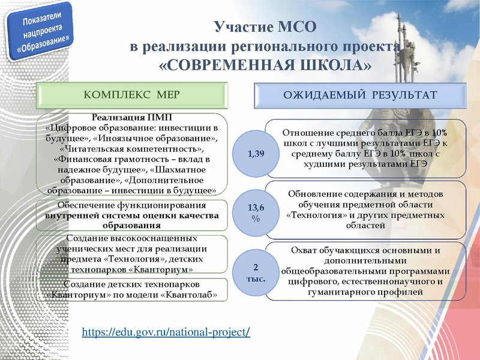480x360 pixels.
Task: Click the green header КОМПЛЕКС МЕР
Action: [131, 95]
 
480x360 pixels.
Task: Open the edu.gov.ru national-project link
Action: [166, 332]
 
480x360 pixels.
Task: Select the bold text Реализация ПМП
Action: [131, 117]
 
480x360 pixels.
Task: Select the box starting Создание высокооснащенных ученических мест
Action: [131, 254]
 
